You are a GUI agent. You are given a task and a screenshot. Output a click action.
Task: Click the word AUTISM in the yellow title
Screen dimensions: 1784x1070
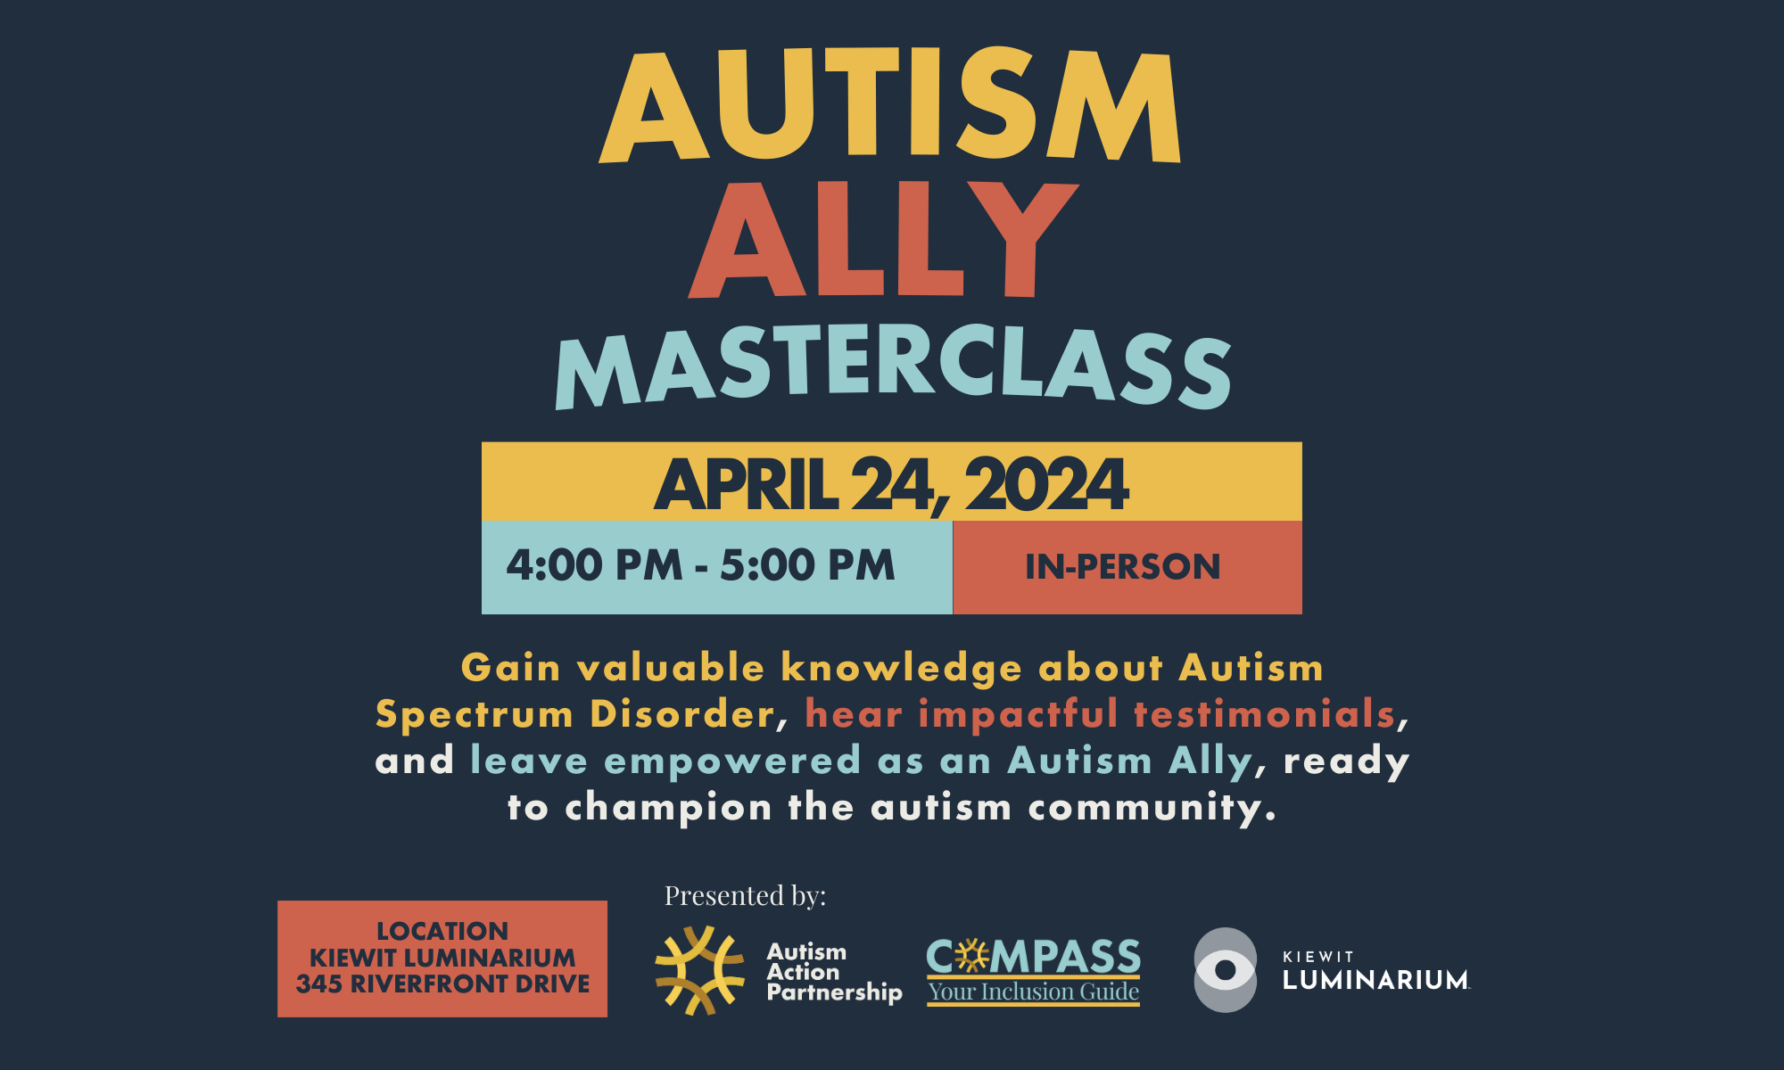(890, 104)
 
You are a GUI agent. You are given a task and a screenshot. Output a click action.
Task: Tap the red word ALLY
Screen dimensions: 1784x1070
(883, 239)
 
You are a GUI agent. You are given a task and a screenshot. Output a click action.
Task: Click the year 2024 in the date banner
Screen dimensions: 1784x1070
(1046, 484)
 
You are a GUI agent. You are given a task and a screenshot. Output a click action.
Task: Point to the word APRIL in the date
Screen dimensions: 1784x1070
(747, 484)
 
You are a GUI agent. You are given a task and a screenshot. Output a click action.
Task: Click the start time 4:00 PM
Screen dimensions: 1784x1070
(594, 565)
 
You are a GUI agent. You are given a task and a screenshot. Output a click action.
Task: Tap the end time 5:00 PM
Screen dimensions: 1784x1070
(807, 565)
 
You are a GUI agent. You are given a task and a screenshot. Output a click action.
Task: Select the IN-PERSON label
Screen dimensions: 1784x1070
(1122, 567)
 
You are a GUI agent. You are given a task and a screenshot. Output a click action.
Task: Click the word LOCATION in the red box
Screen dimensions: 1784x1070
(442, 931)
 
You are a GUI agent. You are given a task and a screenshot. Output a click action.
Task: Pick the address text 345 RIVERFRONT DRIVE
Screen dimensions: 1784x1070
(442, 984)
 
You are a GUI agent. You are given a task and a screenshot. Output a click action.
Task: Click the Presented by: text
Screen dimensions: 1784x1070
(745, 895)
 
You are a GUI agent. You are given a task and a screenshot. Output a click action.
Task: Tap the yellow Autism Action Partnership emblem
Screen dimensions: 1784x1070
(699, 970)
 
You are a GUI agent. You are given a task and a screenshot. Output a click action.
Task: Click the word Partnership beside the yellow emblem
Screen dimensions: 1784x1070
(834, 992)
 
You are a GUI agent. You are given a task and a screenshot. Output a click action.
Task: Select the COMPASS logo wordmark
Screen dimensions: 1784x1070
(1033, 957)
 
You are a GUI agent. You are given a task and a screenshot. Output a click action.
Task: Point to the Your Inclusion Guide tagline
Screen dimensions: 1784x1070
(1033, 992)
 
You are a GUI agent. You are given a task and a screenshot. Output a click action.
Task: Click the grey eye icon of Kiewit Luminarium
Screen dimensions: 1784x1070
(1226, 970)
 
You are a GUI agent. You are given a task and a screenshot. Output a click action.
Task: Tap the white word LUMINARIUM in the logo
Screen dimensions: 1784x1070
(1375, 980)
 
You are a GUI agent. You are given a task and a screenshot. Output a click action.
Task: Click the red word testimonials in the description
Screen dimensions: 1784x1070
(1264, 713)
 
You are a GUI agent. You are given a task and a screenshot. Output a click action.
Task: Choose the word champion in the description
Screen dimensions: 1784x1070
(668, 808)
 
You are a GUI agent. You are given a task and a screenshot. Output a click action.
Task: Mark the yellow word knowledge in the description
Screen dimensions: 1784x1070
(901, 669)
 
